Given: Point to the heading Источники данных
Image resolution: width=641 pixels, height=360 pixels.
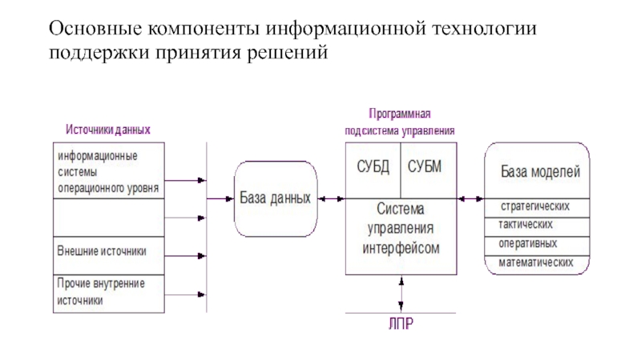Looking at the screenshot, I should [x=109, y=130].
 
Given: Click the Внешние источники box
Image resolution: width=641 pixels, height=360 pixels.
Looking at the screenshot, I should [x=109, y=253].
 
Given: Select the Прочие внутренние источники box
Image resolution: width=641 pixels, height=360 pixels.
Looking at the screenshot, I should [x=109, y=292].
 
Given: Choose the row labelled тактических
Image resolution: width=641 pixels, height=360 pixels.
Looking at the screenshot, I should [x=536, y=225].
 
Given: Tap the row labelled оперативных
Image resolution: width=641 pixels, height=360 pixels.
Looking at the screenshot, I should [x=536, y=243].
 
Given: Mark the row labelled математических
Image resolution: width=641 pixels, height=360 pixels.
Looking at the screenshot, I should [x=536, y=262].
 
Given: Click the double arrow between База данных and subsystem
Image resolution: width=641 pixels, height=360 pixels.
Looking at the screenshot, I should [x=332, y=198].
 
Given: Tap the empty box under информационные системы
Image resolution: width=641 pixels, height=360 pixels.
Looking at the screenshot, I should [x=109, y=218].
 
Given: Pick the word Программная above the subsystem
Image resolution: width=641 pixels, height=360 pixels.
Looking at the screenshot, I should [x=400, y=114].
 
